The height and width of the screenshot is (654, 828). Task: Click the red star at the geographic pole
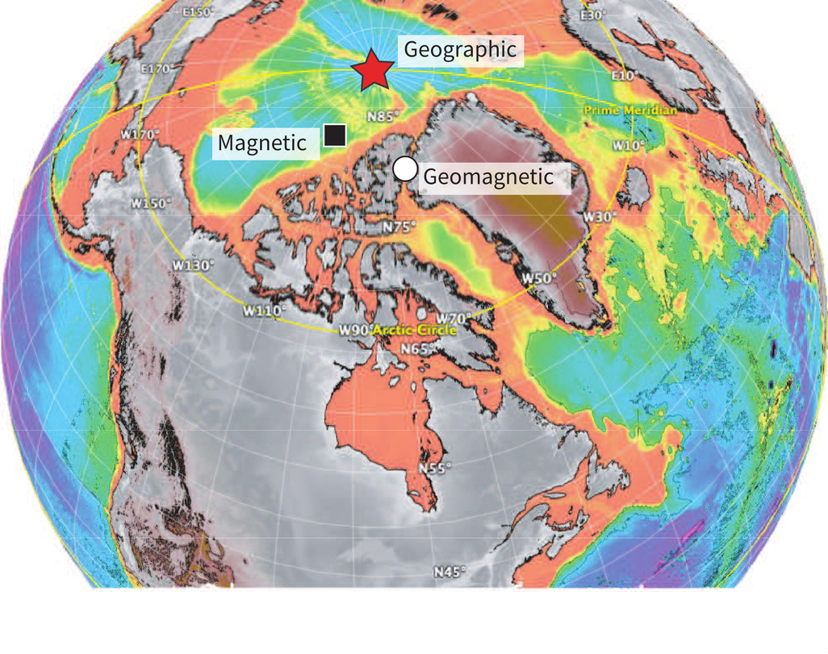point(372,70)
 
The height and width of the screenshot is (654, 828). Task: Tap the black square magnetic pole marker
point(334,135)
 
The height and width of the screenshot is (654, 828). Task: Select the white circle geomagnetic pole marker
point(405,169)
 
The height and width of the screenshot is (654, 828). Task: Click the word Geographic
point(459,49)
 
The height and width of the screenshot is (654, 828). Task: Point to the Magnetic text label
point(263,144)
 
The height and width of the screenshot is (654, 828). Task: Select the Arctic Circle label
point(414,331)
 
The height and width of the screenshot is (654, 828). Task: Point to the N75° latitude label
point(399,227)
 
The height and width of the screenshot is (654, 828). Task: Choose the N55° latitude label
point(434,468)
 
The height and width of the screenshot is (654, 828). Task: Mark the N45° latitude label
point(450,572)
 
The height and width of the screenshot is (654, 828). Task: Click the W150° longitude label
point(151,203)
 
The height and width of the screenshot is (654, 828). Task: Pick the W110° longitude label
point(266,310)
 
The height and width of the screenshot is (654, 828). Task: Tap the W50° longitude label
point(539,278)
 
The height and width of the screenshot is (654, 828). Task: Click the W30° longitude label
point(600,216)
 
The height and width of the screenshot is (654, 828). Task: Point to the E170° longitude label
point(158,69)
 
